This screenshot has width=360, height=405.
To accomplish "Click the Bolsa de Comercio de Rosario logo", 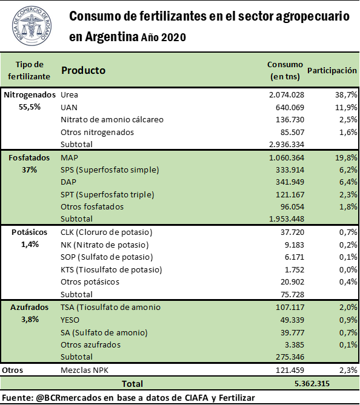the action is pyautogui.click(x=32, y=26).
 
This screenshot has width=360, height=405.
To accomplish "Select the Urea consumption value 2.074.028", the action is pyautogui.click(x=287, y=95).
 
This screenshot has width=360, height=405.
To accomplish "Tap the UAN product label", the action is pyautogui.click(x=69, y=107).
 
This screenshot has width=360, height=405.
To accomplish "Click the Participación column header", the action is pyautogui.click(x=332, y=70).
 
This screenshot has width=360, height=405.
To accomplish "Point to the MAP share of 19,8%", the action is pyautogui.click(x=346, y=157).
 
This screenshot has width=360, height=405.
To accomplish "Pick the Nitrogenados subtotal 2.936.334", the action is pyautogui.click(x=287, y=144).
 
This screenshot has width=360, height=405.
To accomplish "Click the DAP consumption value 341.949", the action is pyautogui.click(x=290, y=182).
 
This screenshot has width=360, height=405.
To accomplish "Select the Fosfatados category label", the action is pyautogui.click(x=29, y=157).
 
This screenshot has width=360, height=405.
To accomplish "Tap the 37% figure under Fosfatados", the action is pyautogui.click(x=29, y=170).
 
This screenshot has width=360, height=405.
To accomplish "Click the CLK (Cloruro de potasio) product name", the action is pyautogui.click(x=106, y=232).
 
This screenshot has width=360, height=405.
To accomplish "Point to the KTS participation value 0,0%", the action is pyautogui.click(x=348, y=269).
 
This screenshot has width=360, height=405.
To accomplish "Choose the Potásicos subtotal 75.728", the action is pyautogui.click(x=292, y=294).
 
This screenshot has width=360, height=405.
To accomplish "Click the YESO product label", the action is pyautogui.click(x=70, y=320).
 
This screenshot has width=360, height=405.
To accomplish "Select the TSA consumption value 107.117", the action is pyautogui.click(x=290, y=308).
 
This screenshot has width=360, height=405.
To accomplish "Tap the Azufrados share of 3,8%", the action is pyautogui.click(x=30, y=320).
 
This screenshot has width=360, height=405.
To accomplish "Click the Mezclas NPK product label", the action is pyautogui.click(x=84, y=370).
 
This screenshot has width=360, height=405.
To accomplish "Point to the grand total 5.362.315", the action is pyautogui.click(x=312, y=384).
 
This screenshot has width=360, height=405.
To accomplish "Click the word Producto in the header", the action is pyautogui.click(x=83, y=70).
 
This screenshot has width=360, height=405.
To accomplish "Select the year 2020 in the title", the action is pyautogui.click(x=173, y=38).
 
